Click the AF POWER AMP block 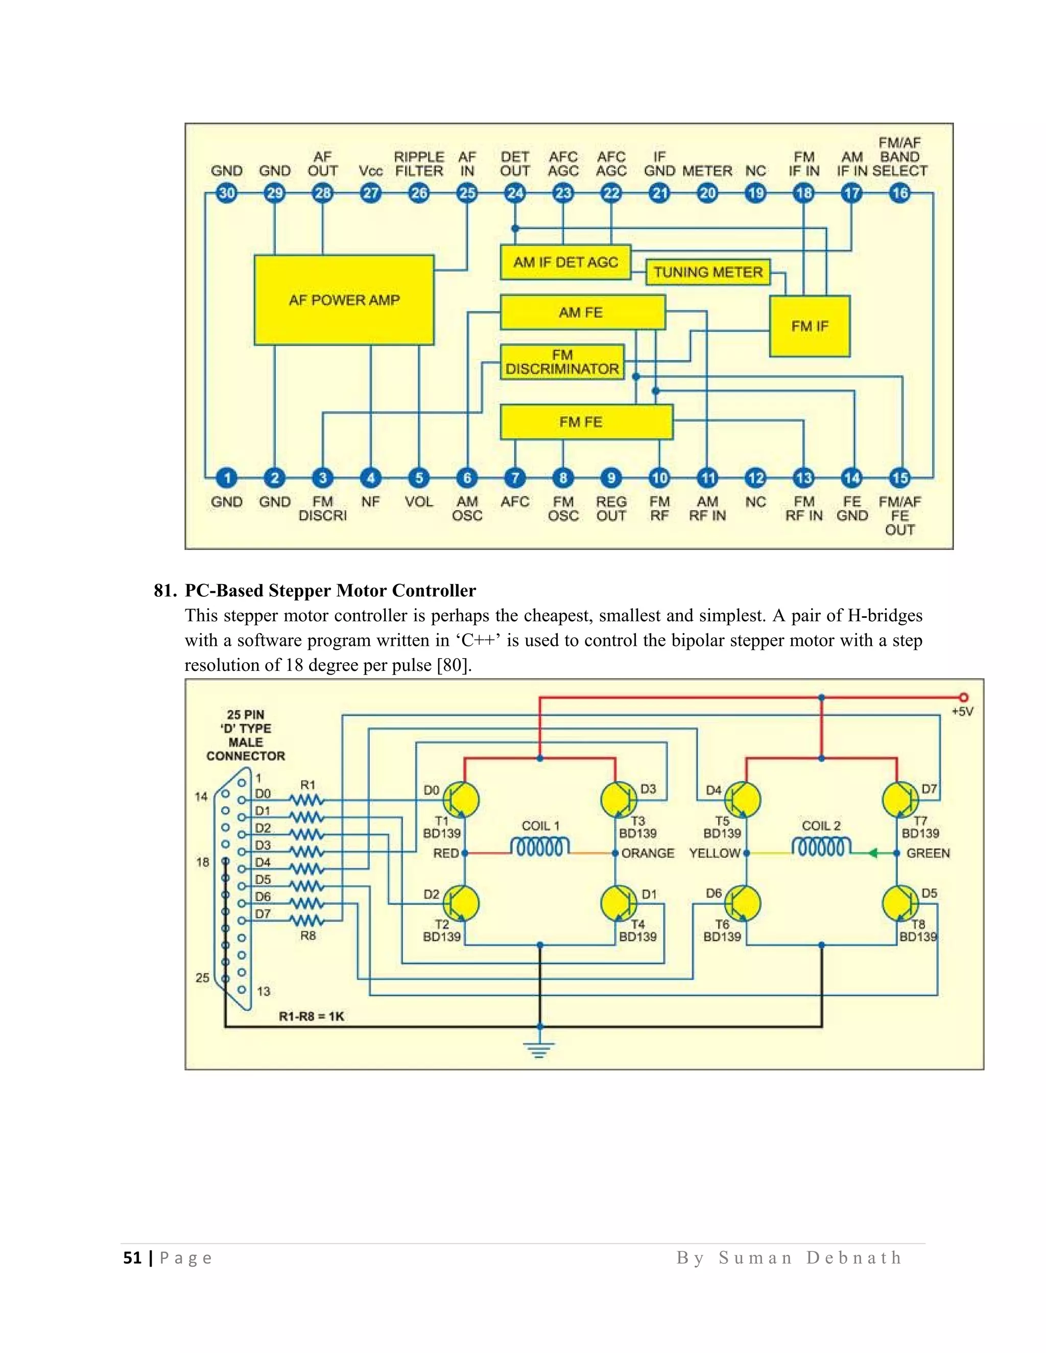pyautogui.click(x=344, y=300)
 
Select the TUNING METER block pyautogui.click(x=708, y=272)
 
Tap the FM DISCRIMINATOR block pyautogui.click(x=562, y=362)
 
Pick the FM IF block pyautogui.click(x=810, y=326)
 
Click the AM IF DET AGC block pyautogui.click(x=565, y=262)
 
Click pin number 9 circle pyautogui.click(x=611, y=478)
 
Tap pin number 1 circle pyautogui.click(x=227, y=478)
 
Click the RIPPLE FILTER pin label pyautogui.click(x=419, y=164)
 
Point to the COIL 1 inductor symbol pyautogui.click(x=540, y=847)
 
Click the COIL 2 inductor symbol pyautogui.click(x=821, y=847)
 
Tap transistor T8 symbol pyautogui.click(x=900, y=903)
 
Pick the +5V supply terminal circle pyautogui.click(x=963, y=697)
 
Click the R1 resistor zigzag pyautogui.click(x=307, y=801)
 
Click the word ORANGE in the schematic pyautogui.click(x=648, y=853)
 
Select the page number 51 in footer pyautogui.click(x=132, y=1258)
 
